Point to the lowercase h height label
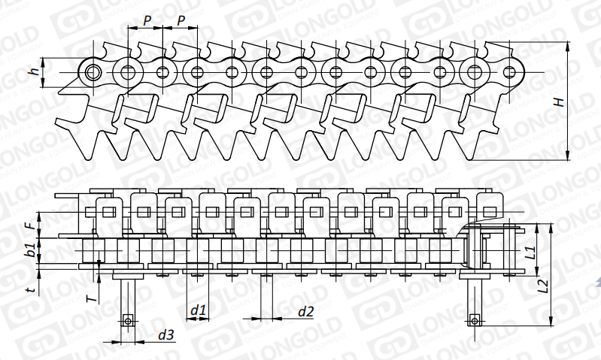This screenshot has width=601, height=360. [33, 72]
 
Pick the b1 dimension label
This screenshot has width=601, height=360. [29, 250]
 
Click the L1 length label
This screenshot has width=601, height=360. [530, 253]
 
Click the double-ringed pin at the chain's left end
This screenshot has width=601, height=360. [94, 73]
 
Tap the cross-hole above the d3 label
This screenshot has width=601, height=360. [128, 322]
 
